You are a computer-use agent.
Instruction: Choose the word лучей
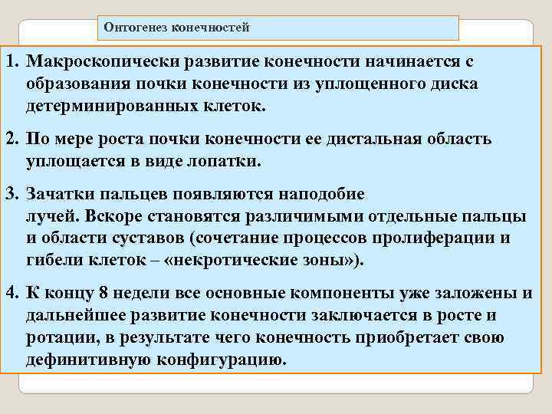[48, 216]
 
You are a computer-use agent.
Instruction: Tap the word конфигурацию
[219, 360]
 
